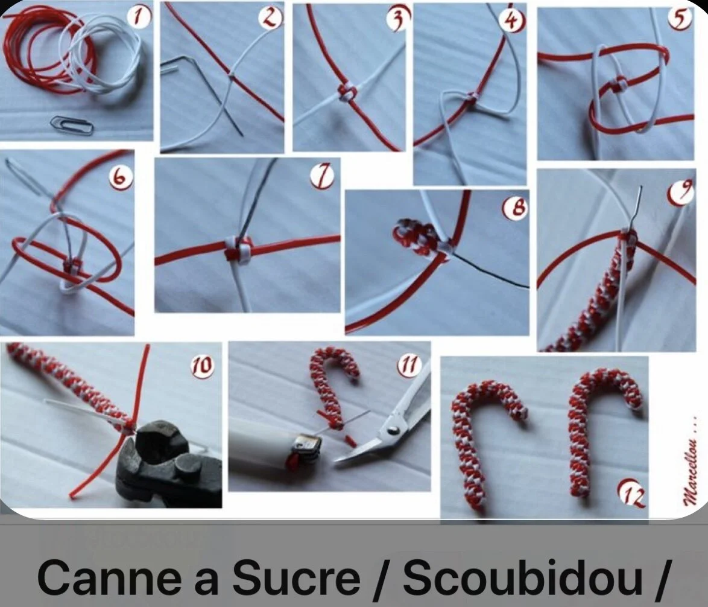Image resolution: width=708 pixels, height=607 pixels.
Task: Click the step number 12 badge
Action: (x=631, y=494)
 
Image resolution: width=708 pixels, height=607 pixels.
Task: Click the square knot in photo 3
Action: (x=347, y=91)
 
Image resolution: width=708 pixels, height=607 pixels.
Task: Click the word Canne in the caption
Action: (x=111, y=578)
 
